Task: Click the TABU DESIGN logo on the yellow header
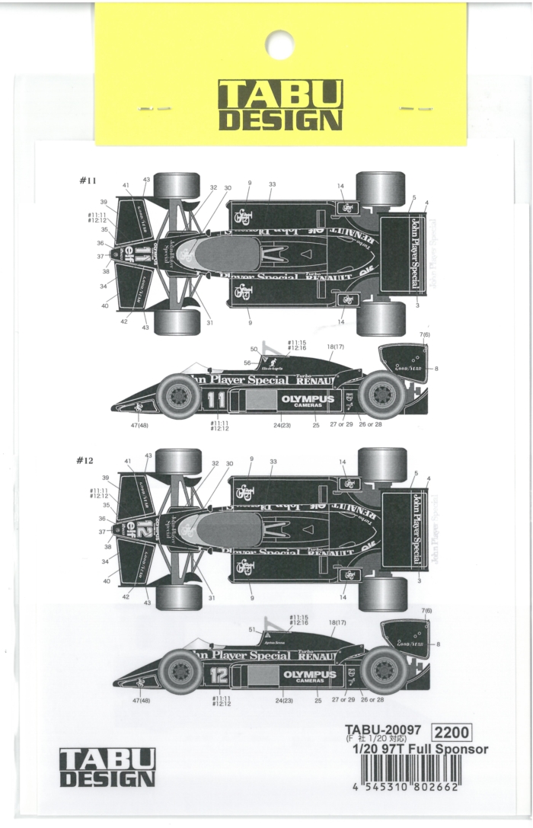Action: click(x=276, y=106)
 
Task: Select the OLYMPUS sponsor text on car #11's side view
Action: click(x=308, y=398)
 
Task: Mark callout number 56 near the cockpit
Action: click(x=247, y=363)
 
